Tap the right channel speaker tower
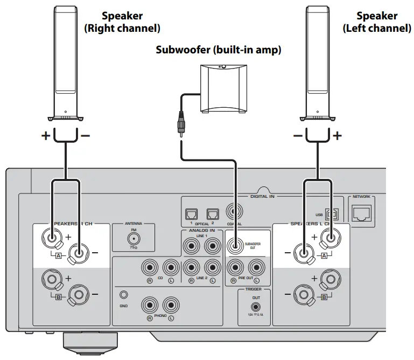tap(65, 62)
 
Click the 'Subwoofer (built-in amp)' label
tap(219, 50)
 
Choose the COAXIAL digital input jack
tap(234, 211)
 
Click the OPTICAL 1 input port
tap(190, 214)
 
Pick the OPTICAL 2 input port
tap(212, 214)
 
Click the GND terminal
tap(125, 295)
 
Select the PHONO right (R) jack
tap(149, 306)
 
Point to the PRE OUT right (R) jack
tap(234, 267)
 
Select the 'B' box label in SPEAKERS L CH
tap(324, 296)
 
